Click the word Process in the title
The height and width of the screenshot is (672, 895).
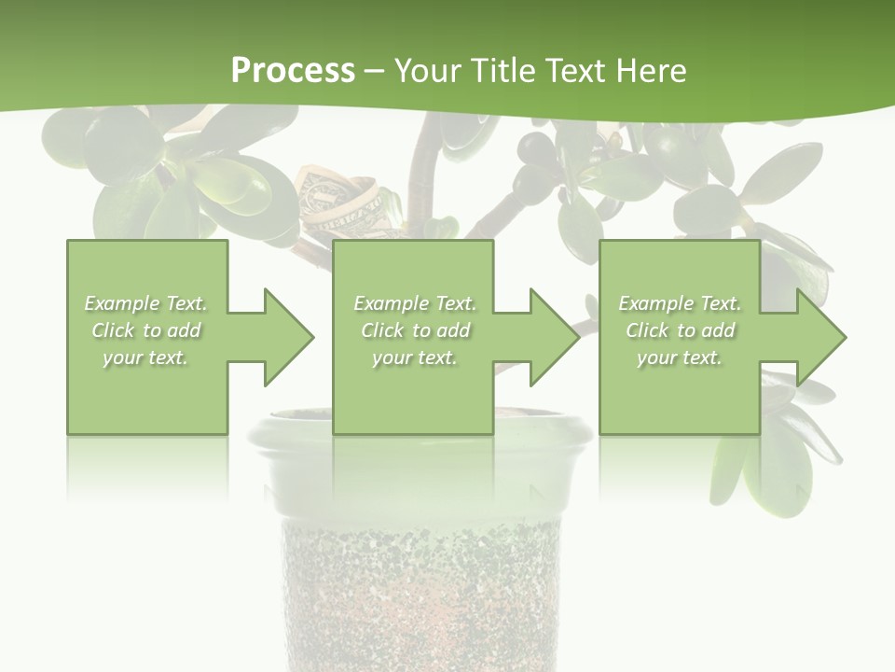tap(293, 70)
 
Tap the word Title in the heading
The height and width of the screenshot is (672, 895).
tap(502, 70)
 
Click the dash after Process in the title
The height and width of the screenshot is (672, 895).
tap(375, 72)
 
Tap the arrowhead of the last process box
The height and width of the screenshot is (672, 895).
tap(819, 337)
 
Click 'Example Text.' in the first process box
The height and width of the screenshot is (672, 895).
tap(146, 303)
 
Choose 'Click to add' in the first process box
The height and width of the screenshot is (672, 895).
tap(146, 330)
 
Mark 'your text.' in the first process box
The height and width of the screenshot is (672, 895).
tap(146, 357)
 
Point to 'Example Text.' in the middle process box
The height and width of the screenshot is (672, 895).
tap(415, 303)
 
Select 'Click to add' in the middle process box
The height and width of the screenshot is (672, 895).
tap(415, 330)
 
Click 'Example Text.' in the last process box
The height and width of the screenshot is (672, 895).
tap(680, 303)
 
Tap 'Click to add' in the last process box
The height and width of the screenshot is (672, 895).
tap(680, 330)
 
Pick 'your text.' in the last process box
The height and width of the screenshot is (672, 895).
tap(680, 357)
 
